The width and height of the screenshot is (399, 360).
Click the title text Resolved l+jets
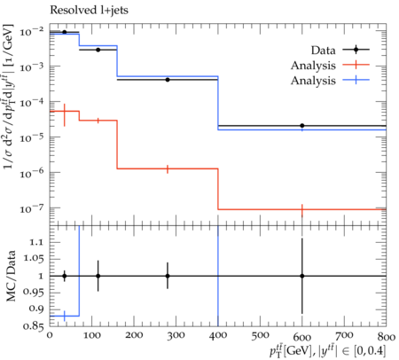[x=89, y=11]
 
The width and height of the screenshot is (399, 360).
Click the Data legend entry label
[x=323, y=51]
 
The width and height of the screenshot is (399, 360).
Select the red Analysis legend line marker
[x=356, y=65]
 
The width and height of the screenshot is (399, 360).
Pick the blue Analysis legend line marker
[x=356, y=80]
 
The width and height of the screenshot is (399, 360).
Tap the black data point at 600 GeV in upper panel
[x=302, y=126]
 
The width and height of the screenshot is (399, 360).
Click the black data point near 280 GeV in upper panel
[x=168, y=80]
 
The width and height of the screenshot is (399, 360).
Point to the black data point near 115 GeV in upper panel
[x=98, y=50]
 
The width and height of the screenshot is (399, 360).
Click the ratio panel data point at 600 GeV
[x=302, y=276]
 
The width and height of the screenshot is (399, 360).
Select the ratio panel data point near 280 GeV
[x=168, y=276]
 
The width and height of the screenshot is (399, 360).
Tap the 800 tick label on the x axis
[x=387, y=337]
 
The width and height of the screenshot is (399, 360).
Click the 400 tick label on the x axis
[x=218, y=336]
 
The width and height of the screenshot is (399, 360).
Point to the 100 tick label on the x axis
[x=92, y=336]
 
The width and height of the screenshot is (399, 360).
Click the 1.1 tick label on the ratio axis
[x=36, y=242]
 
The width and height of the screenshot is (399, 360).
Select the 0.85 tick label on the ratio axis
[x=33, y=326]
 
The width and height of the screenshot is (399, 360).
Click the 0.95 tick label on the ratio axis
[x=33, y=293]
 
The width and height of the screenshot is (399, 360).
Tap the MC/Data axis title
[x=11, y=276]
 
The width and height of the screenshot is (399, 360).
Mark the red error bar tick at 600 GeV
[x=302, y=210]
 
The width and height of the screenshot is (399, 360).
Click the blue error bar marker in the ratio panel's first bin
[x=65, y=316]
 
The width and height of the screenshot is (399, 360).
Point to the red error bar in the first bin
[x=65, y=115]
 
